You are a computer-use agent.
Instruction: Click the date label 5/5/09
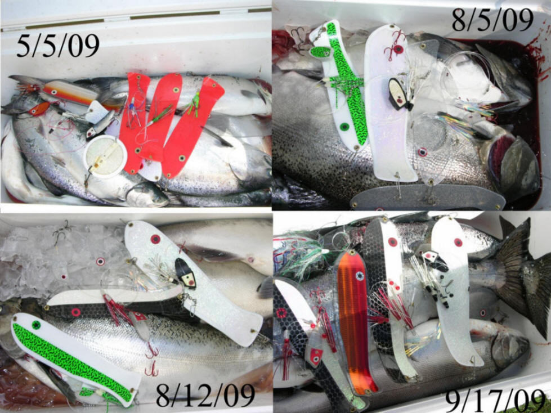pos(58,46)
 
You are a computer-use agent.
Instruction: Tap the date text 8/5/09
pos(492,20)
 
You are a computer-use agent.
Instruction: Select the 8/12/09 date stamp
pos(205,395)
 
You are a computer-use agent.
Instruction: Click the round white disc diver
pos(105,156)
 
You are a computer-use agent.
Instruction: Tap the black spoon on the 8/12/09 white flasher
pos(186,273)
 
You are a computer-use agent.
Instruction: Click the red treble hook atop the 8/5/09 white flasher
pos(393,46)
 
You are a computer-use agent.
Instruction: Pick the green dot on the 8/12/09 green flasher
pos(36,325)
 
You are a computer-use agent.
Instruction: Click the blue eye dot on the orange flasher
pos(359,276)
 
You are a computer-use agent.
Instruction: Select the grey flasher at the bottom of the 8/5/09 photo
pos(427,199)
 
